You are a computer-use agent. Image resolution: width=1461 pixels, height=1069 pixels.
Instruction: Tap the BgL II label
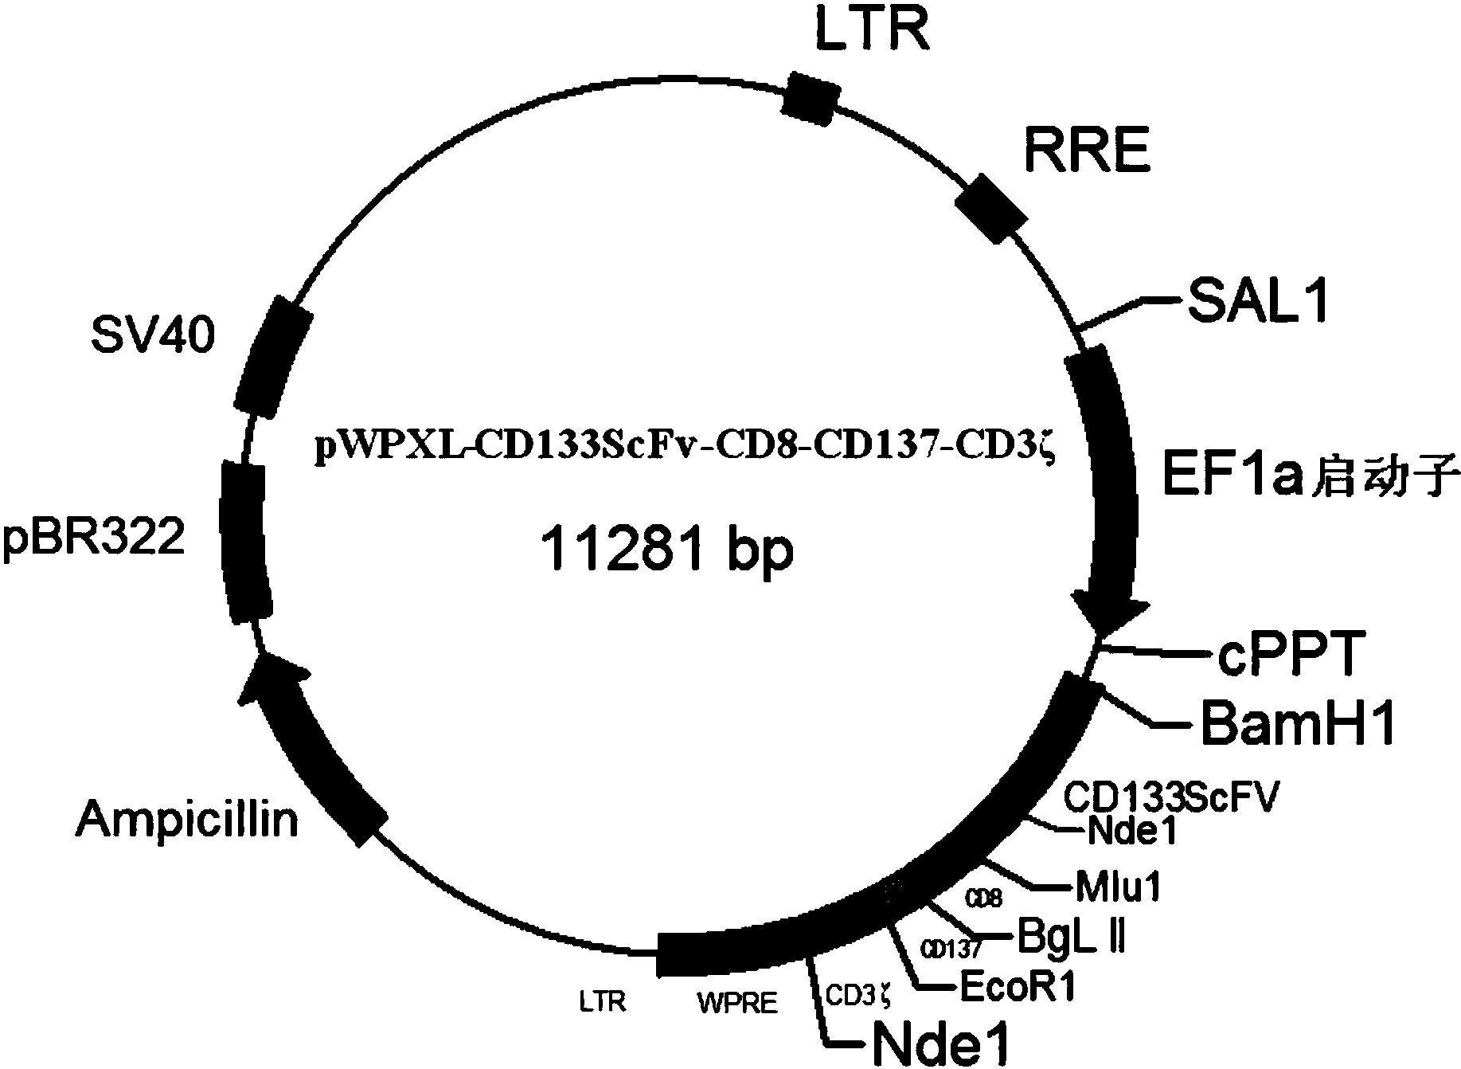(1071, 938)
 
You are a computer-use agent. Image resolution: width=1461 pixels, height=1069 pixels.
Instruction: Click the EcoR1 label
(1018, 988)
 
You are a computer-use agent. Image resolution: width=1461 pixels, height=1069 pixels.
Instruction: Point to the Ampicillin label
(187, 818)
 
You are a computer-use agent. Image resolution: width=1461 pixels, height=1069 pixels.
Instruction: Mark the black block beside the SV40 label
(274, 356)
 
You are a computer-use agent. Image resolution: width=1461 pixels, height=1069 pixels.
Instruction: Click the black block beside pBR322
(245, 542)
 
